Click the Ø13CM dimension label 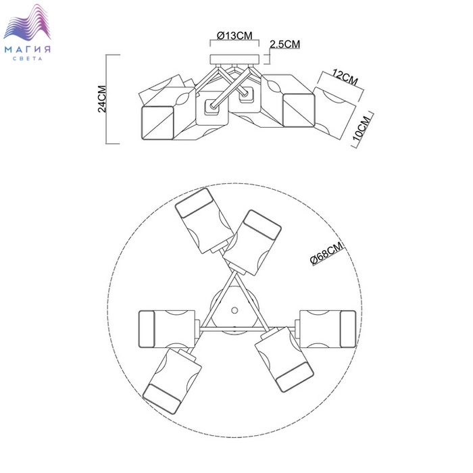pos(234,36)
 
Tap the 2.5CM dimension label pos(284,45)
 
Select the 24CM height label pos(102,99)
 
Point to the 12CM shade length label pos(345,76)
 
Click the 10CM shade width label pos(362,128)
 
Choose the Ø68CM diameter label pos(327,253)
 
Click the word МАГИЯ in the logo pos(28,49)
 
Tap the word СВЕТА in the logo pos(28,59)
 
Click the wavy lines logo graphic pos(27,22)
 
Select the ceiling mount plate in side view pos(234,59)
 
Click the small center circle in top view pos(234,310)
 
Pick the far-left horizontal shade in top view pos(167,329)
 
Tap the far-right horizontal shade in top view pos(328,329)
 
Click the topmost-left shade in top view pos(204,220)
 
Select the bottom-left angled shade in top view pos(172,381)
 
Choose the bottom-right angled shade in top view pos(284,359)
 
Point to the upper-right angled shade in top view pos(252,243)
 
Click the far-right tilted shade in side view pos(334,113)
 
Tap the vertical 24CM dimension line pos(106,99)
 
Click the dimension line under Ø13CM pos(234,39)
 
